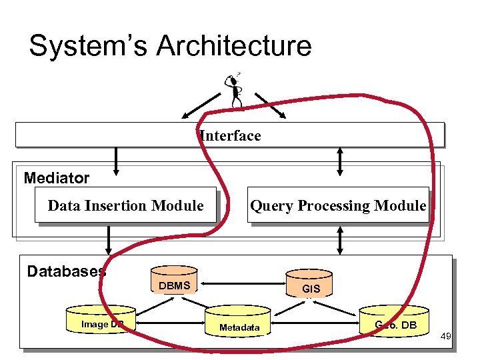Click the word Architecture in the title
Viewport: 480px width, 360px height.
point(234,47)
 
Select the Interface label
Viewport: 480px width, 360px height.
point(230,136)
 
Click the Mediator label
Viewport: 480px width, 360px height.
point(56,178)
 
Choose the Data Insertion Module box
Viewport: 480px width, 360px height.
point(126,205)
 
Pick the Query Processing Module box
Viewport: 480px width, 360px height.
point(338,205)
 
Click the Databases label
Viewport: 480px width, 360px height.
point(65,271)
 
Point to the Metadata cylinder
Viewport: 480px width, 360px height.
point(239,323)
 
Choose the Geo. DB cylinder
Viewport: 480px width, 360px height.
point(395,321)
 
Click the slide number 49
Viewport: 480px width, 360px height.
point(445,337)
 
